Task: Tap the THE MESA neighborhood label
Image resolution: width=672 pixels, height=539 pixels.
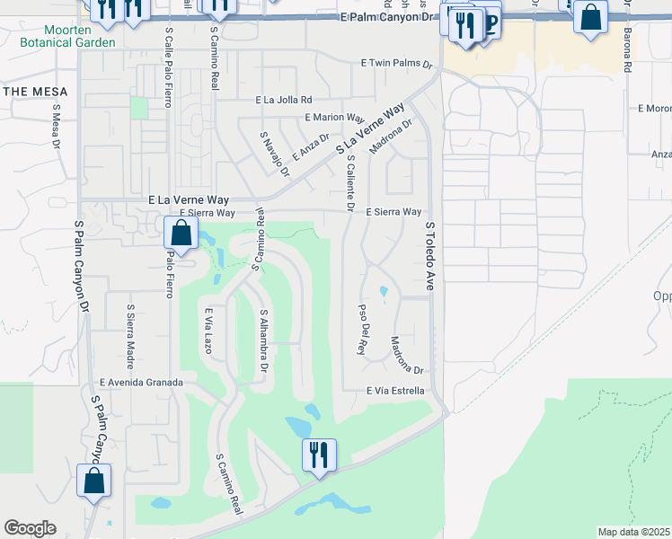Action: point(31,92)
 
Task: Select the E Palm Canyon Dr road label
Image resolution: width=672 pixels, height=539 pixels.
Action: point(393,18)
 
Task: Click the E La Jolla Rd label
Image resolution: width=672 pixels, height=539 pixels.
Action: point(283,100)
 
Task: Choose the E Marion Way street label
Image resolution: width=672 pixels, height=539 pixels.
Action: point(333,118)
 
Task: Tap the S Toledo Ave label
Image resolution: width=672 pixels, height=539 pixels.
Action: point(429,256)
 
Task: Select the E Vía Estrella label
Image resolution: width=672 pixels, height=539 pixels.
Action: point(394,391)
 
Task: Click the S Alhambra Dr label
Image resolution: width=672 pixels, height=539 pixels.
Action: point(264,341)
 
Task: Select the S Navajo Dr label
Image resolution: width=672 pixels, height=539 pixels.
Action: point(274,154)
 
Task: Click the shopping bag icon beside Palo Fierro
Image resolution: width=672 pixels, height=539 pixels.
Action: point(181,233)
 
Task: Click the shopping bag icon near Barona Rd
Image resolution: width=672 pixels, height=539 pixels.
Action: point(591,18)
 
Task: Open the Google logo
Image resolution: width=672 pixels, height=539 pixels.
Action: point(30,528)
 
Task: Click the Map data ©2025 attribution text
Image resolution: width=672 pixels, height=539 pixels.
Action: point(632,532)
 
